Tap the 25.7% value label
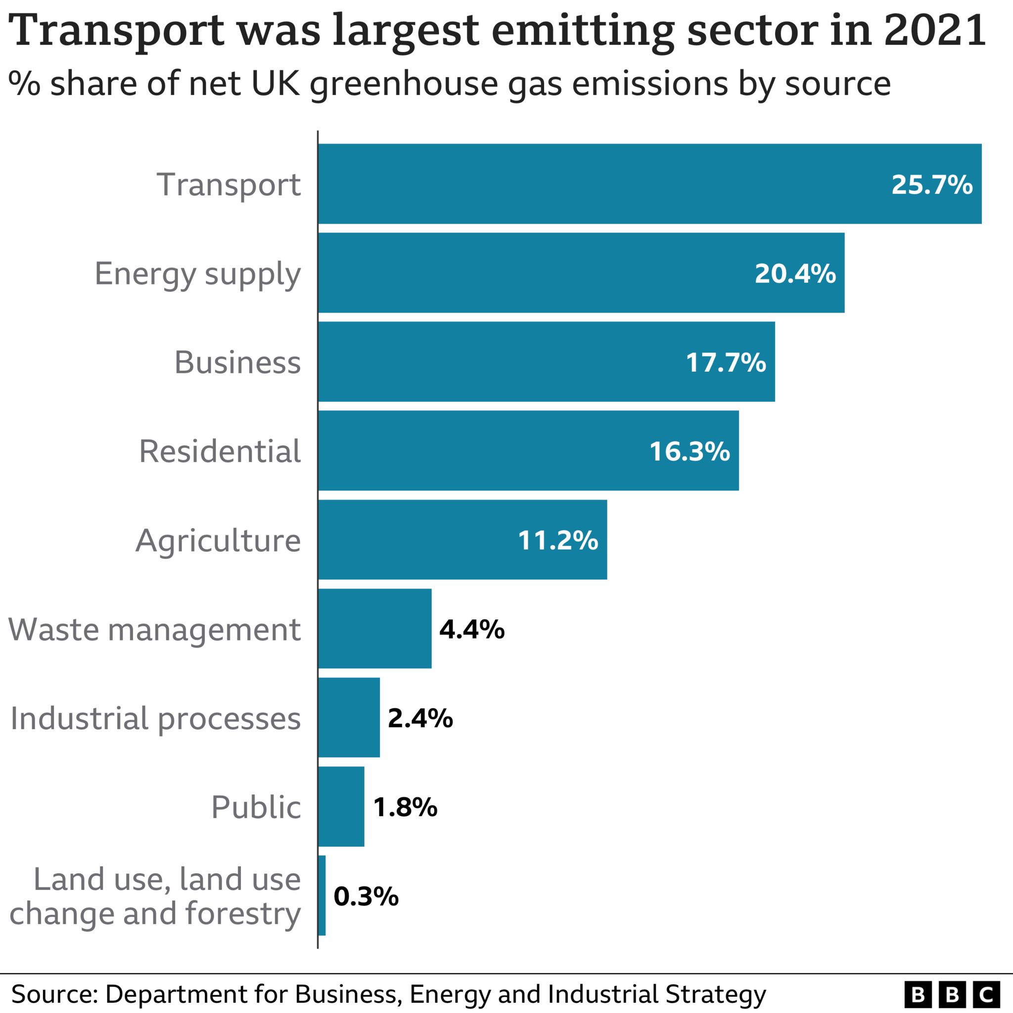[932, 184]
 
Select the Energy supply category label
[197, 274]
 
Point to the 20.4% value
[795, 274]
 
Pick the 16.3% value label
[689, 452]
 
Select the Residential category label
[220, 451]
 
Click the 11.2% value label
[557, 540]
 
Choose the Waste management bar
[374, 629]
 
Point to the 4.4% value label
[471, 629]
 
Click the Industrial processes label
[155, 718]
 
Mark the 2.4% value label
[420, 718]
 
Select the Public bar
[341, 806]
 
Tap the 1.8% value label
[405, 807]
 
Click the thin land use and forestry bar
[322, 896]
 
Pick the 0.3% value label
[366, 896]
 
